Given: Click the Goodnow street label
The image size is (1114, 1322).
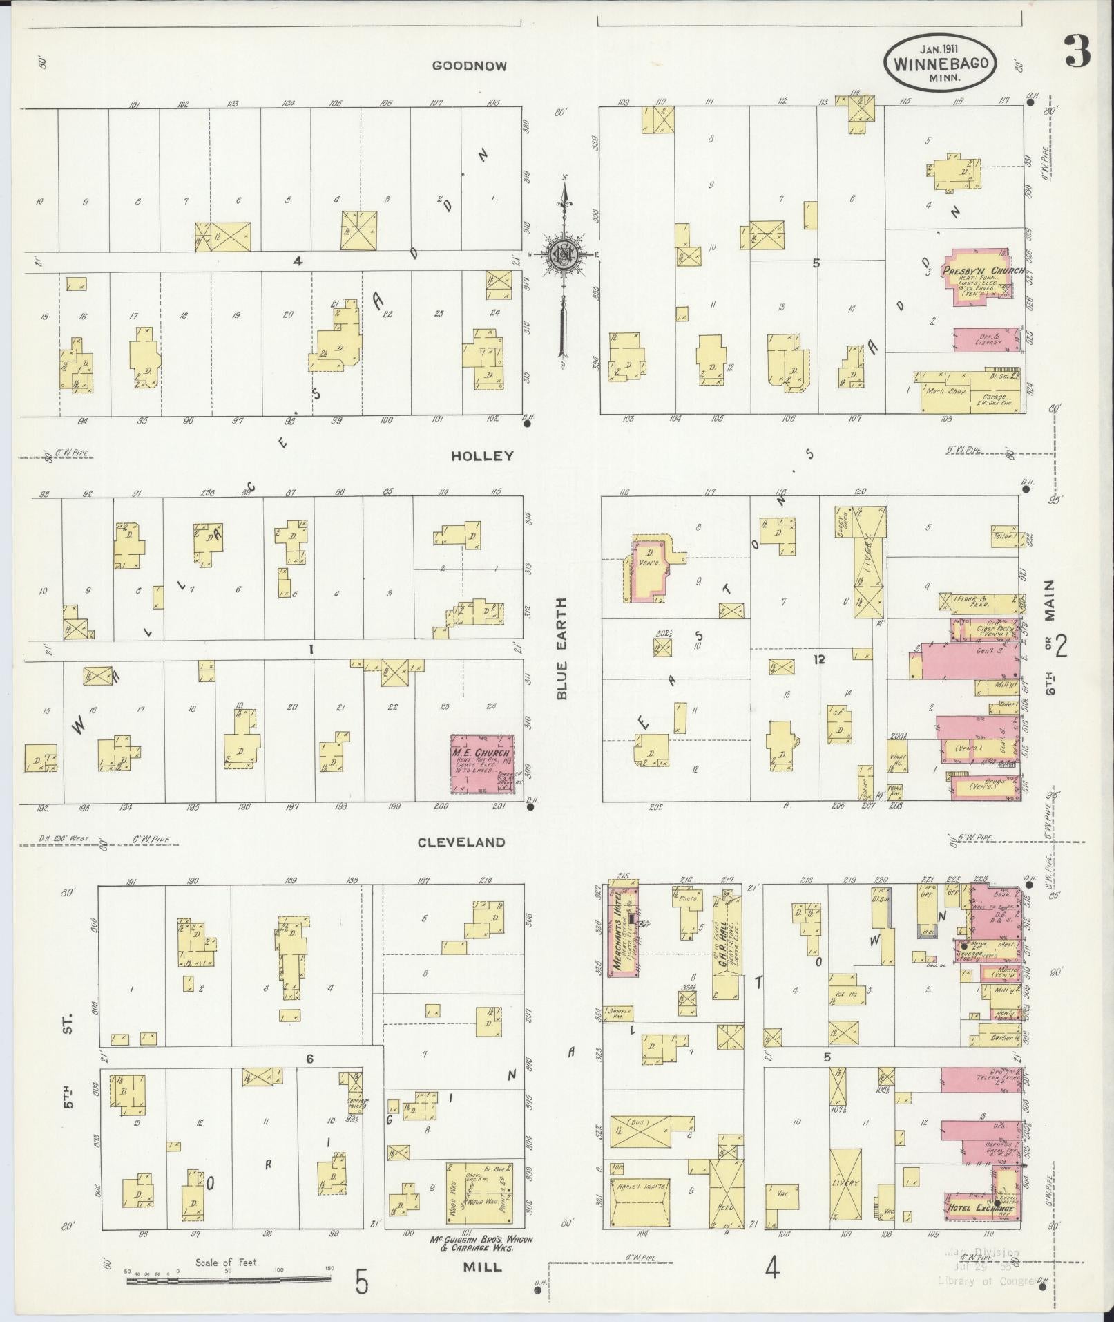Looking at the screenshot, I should (x=469, y=66).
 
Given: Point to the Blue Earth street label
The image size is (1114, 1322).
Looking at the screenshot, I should (x=561, y=649).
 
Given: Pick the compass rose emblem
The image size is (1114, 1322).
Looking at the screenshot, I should (x=564, y=255).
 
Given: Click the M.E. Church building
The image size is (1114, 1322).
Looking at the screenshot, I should (x=482, y=764).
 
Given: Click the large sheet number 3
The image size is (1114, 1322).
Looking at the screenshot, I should (x=1077, y=51).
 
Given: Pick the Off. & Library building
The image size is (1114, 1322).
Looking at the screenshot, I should (x=988, y=340).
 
